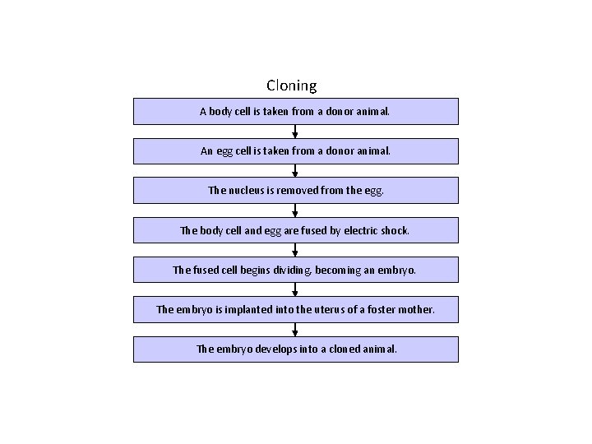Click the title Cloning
[291, 86]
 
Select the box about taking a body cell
[295, 111]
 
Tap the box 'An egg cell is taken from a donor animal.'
[295, 151]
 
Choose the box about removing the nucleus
[295, 191]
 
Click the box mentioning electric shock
[295, 230]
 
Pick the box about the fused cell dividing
[295, 270]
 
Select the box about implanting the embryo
[295, 310]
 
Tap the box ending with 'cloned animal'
[295, 349]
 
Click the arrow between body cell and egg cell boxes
[295, 132]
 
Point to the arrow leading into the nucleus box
[295, 171]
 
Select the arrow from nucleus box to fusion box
[295, 210]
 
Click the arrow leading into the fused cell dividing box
[295, 250]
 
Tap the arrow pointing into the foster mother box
[295, 290]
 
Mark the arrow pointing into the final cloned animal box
[295, 330]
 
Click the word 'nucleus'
[246, 191]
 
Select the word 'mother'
[416, 310]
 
